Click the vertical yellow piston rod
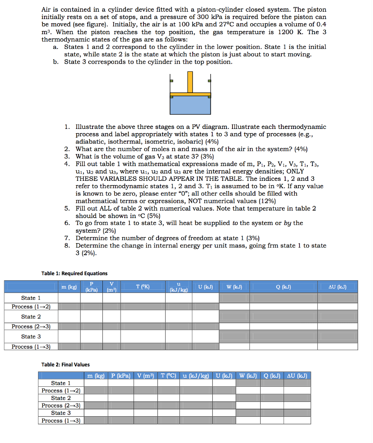(190, 81)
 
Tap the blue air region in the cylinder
(190, 105)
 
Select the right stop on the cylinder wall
(209, 80)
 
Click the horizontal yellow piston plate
(190, 93)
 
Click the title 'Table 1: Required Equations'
(74, 273)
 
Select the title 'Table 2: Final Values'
(66, 365)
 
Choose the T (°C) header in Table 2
(166, 376)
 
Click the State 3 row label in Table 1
(31, 337)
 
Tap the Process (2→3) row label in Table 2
(61, 405)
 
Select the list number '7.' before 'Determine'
(67, 238)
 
